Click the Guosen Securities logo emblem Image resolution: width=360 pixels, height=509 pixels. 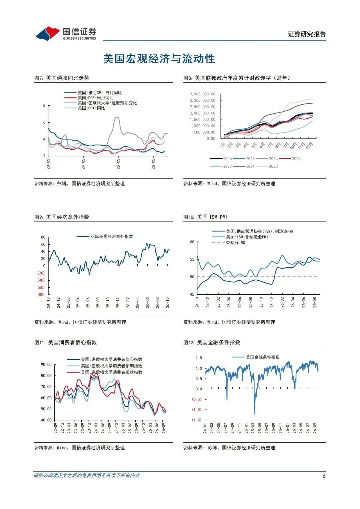tap(48, 33)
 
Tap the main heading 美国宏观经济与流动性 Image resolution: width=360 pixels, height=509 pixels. tap(159, 59)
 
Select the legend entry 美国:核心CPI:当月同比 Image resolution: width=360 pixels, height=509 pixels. tap(93, 93)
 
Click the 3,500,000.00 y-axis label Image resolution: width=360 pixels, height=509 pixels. tap(203, 94)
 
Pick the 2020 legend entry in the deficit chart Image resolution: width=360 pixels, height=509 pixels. tap(267, 166)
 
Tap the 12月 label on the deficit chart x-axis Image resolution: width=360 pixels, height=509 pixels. tap(310, 145)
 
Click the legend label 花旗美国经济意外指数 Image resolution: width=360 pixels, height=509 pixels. tap(105, 237)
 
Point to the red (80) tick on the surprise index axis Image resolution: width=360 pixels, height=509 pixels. tap(41, 294)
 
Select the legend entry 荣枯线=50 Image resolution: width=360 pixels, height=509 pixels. tap(229, 243)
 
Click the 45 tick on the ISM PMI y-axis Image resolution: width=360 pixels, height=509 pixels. tap(192, 294)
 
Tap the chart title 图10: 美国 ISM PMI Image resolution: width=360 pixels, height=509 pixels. tap(205, 217)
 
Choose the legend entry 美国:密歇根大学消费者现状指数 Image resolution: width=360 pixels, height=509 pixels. tap(105, 372)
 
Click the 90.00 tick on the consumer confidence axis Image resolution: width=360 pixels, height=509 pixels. tap(46, 365)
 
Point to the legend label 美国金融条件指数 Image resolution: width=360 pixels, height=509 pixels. tap(256, 357)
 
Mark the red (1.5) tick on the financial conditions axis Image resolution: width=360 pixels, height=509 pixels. tap(197, 420)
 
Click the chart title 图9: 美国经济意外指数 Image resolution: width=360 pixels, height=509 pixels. tap(62, 217)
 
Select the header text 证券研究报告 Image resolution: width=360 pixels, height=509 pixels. tap(307, 34)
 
